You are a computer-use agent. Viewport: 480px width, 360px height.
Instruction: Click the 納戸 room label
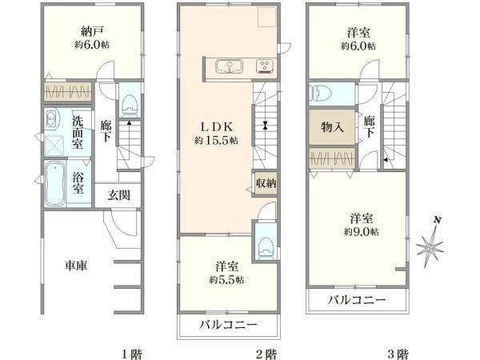[92, 31]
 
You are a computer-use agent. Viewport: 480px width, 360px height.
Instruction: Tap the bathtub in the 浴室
[55, 184]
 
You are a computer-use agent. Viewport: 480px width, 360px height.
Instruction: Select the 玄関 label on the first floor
[118, 195]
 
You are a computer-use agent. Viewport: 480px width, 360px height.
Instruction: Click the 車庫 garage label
[76, 265]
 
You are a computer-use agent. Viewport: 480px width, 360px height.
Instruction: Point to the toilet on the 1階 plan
[130, 105]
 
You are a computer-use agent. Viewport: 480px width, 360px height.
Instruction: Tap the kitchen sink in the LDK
[229, 66]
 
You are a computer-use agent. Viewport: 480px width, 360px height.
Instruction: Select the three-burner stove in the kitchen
[265, 66]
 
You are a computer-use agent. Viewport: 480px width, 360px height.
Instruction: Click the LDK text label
[217, 126]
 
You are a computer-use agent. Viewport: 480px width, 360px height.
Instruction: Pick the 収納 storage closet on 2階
[266, 183]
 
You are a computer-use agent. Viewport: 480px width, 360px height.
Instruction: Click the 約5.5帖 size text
[226, 280]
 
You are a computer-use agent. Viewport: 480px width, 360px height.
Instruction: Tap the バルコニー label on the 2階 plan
[228, 324]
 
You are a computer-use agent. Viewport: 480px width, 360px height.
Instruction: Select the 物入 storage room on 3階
[332, 126]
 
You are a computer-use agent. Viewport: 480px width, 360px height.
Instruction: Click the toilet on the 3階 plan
[319, 93]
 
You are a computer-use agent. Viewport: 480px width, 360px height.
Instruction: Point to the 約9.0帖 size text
[362, 232]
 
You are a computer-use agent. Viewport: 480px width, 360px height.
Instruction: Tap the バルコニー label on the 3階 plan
[357, 300]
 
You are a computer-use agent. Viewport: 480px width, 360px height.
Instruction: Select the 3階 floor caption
[398, 354]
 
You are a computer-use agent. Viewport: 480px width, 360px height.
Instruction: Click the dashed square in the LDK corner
[267, 17]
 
